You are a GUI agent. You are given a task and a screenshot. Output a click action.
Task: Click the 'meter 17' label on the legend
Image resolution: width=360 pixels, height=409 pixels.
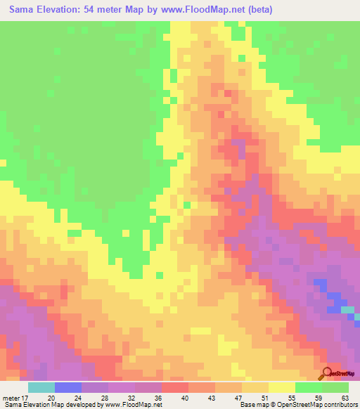(x=15, y=397)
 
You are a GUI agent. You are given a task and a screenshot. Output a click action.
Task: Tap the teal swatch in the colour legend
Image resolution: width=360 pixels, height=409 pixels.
(x=41, y=387)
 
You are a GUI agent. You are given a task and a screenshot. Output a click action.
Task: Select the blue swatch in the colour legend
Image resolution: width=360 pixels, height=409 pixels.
(x=68, y=387)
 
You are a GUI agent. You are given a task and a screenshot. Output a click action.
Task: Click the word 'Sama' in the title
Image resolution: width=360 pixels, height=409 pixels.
(x=23, y=10)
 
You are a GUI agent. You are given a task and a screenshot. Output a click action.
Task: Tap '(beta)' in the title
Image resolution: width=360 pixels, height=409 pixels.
(x=256, y=10)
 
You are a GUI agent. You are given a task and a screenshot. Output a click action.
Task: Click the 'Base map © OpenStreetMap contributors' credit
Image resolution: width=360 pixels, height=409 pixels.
(x=299, y=405)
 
